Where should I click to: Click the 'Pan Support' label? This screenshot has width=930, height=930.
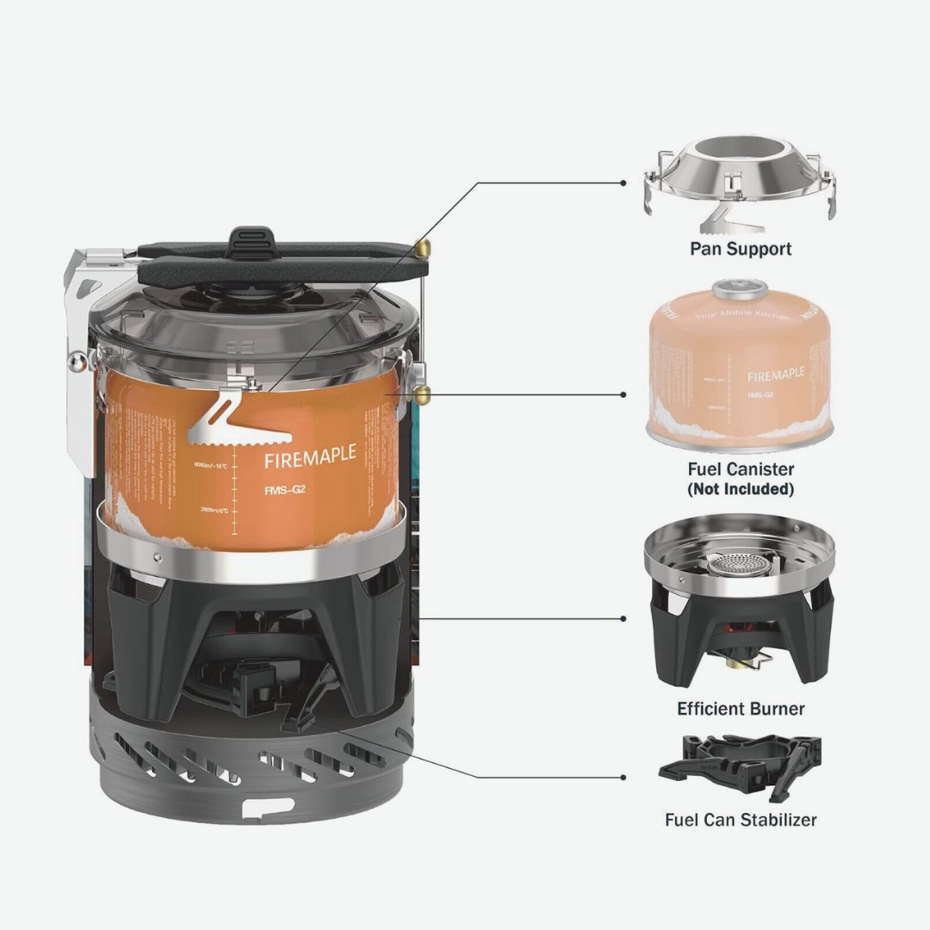click(741, 249)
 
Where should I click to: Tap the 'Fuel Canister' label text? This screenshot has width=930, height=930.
click(741, 469)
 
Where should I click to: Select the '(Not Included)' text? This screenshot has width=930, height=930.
click(741, 489)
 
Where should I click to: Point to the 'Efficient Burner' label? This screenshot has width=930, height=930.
click(741, 709)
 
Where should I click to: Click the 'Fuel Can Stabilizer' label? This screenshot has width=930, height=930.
click(741, 819)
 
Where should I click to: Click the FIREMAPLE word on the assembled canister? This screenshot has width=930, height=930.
click(309, 458)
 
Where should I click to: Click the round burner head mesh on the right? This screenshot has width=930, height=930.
click(736, 564)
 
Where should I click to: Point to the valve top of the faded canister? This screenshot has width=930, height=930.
click(737, 286)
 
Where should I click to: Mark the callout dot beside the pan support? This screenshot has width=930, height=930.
click(623, 183)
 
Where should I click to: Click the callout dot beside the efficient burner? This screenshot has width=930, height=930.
click(623, 619)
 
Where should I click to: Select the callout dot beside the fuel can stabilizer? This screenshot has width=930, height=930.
click(623, 777)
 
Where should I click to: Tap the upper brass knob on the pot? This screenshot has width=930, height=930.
click(423, 247)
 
